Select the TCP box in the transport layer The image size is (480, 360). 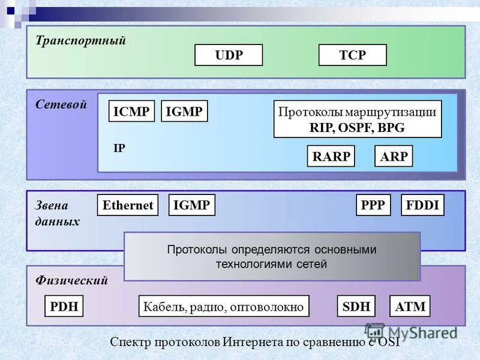(x=352, y=55)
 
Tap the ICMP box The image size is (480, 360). (x=132, y=111)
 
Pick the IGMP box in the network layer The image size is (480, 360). (x=184, y=111)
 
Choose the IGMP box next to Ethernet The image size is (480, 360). (x=191, y=205)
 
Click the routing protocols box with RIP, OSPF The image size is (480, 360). (x=358, y=119)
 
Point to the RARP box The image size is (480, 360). (x=331, y=157)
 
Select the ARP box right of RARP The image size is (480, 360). (x=394, y=157)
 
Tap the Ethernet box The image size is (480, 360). (x=128, y=205)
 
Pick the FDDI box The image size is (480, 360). (x=422, y=205)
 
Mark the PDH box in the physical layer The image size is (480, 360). (x=64, y=307)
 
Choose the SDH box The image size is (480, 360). (x=356, y=307)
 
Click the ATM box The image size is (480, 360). (x=410, y=307)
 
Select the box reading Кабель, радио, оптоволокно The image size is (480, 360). (x=224, y=307)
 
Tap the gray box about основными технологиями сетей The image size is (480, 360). (x=272, y=256)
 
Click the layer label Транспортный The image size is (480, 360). (x=80, y=41)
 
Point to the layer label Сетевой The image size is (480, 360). (x=61, y=104)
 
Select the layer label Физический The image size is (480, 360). (x=71, y=280)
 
